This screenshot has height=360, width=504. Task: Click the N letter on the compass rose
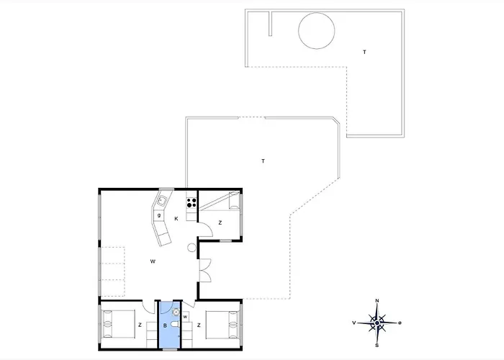[x=377, y=301]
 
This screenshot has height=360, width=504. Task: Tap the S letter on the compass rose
[x=377, y=346]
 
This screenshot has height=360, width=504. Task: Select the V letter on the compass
[x=354, y=323]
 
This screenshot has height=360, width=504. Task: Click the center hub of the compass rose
[x=377, y=323]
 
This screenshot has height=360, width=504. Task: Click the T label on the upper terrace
[x=364, y=52]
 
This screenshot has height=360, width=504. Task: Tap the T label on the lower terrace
[x=264, y=161]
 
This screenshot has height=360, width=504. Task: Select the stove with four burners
[x=192, y=203]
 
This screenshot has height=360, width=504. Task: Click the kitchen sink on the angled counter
[x=161, y=201]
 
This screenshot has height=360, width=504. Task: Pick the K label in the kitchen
[x=176, y=219]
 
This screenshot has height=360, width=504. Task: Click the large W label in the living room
[x=153, y=261]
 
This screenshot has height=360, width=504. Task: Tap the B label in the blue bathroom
[x=165, y=325]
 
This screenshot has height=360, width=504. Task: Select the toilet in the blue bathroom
[x=175, y=325]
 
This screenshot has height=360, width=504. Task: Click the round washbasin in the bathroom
[x=176, y=312]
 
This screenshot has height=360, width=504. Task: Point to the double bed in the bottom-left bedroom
[x=118, y=324]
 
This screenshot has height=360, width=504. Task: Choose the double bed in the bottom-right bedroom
[x=222, y=325]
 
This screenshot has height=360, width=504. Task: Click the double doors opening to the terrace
[x=204, y=270]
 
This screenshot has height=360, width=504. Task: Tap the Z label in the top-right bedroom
[x=220, y=222]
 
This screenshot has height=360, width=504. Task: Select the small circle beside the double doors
[x=192, y=248]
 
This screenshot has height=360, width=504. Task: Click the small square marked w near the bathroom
[x=186, y=317]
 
